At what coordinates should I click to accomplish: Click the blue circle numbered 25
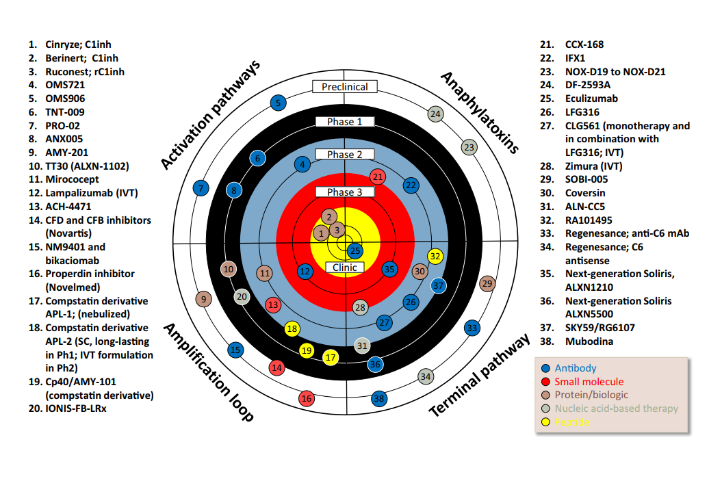pos(354,250)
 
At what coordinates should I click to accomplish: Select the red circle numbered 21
pos(378,177)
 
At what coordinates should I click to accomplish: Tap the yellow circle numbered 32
pos(436,256)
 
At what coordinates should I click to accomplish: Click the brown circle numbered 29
pos(487,283)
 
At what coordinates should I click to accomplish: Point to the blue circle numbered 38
pos(379,398)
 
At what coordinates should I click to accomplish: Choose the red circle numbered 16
pos(307,398)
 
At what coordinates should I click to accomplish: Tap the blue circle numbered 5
pos(277,103)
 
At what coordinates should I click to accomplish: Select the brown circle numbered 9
pos(203,298)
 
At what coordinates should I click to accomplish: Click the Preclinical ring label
pos(345,87)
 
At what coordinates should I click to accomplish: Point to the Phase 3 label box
pos(345,192)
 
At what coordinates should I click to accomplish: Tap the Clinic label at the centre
pos(345,268)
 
